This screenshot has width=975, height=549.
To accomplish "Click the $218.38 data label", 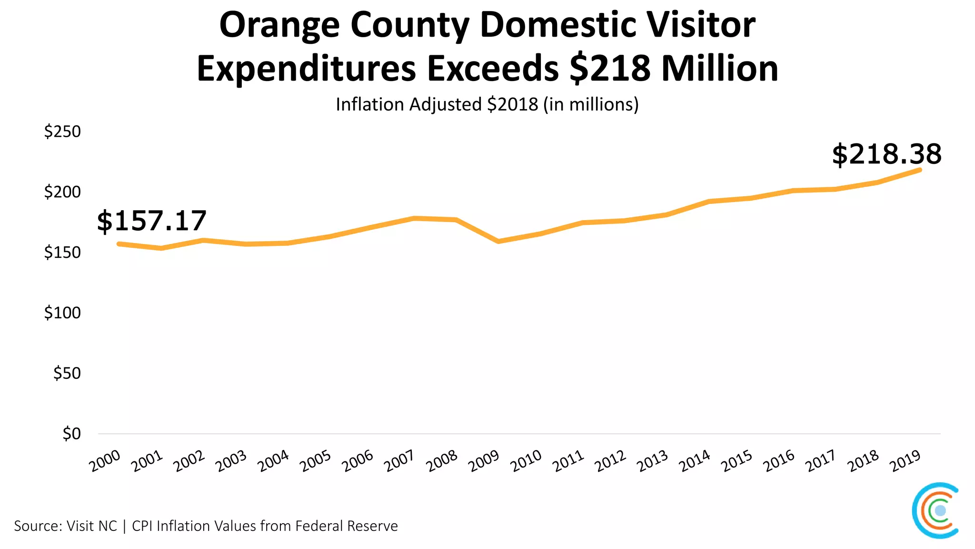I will point(886,154).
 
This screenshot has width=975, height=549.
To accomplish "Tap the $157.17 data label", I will point(151,221).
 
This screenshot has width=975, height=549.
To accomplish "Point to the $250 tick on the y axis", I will point(62,132).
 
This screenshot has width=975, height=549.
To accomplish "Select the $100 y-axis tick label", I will point(62,313).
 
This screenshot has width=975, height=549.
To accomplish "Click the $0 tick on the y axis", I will point(71,434).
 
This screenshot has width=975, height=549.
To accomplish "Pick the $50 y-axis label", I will point(67,373).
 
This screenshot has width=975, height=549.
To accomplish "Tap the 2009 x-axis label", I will point(484,461).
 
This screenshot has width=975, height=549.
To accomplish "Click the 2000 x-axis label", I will point(105,461).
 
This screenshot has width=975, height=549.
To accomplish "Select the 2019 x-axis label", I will point(905,461).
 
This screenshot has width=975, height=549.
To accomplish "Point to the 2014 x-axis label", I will point(695,461).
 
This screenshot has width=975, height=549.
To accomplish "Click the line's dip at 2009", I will point(498,242).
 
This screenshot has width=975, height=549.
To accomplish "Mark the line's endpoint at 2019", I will point(919,170).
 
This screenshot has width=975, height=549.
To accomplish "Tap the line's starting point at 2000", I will point(119,244).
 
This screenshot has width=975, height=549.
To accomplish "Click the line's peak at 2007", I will point(414,218).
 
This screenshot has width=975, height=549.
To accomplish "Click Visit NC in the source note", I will point(91,526).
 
